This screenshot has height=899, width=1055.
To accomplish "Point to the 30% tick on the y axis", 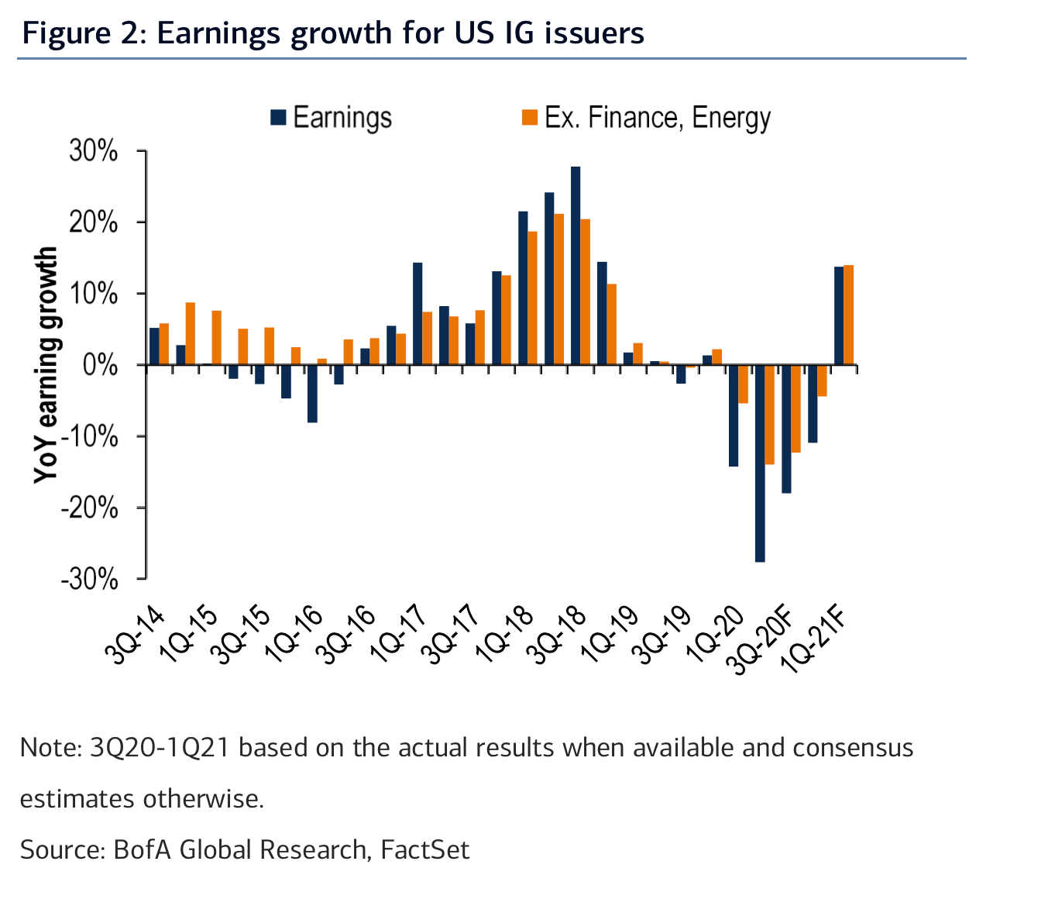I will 94,151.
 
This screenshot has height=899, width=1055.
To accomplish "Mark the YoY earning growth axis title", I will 46,365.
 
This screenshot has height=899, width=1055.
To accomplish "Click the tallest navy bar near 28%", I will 576,265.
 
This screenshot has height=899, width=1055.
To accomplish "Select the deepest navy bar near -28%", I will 760,463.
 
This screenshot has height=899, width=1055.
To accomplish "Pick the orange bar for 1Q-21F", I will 848,315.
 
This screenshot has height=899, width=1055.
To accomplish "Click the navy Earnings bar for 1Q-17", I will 418,314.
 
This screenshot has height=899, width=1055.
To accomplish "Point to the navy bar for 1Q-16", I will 312,393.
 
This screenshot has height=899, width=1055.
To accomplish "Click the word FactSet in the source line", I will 425,849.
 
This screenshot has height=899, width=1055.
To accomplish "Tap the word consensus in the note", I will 853,748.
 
